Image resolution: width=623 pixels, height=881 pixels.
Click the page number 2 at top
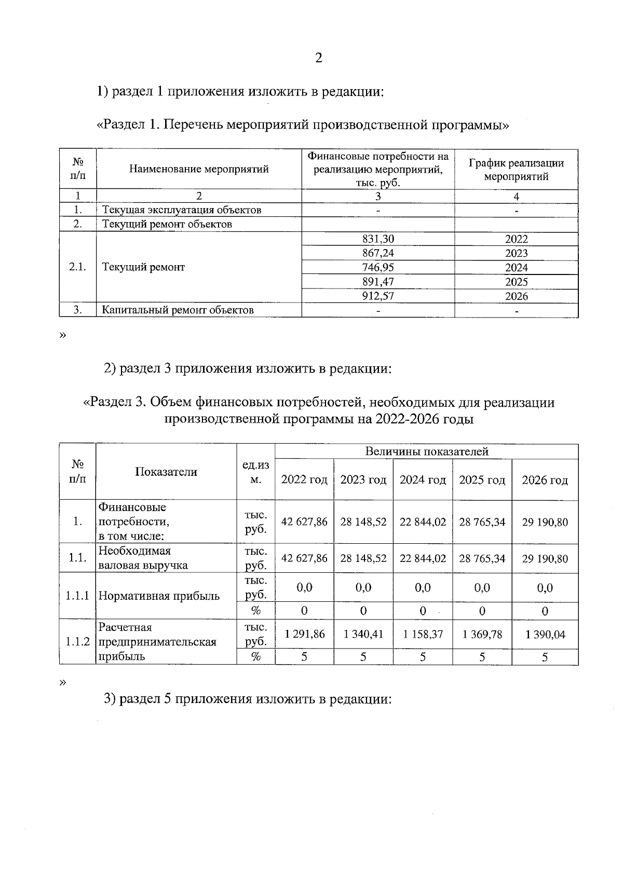point(318,58)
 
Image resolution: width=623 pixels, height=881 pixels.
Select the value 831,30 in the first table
point(378,239)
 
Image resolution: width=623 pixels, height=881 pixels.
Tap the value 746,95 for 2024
point(378,267)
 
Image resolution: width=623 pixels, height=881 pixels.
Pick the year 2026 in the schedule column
point(516,296)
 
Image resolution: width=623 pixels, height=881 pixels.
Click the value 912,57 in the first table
point(378,296)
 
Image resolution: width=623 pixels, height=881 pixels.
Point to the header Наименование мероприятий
point(198,169)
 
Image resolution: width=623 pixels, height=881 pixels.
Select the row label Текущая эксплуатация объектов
point(181,210)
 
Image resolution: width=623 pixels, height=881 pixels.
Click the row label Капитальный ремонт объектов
point(178,310)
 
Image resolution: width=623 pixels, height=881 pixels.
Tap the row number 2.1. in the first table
point(77,267)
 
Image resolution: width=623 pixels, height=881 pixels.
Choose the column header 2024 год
point(423,480)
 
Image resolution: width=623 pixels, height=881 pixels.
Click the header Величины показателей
point(426,451)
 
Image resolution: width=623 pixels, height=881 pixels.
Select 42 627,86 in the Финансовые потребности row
point(304,522)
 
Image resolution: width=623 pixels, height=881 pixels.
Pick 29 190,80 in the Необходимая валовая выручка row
point(545,559)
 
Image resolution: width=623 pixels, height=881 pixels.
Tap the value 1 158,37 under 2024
point(423,634)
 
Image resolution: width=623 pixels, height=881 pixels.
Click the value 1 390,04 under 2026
point(545,634)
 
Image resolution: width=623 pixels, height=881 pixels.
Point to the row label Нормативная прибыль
point(159,596)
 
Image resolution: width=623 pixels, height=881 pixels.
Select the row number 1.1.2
point(77,642)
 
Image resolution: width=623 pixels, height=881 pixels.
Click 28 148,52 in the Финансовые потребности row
point(363,522)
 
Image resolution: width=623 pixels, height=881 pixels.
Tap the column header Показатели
point(166,472)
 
